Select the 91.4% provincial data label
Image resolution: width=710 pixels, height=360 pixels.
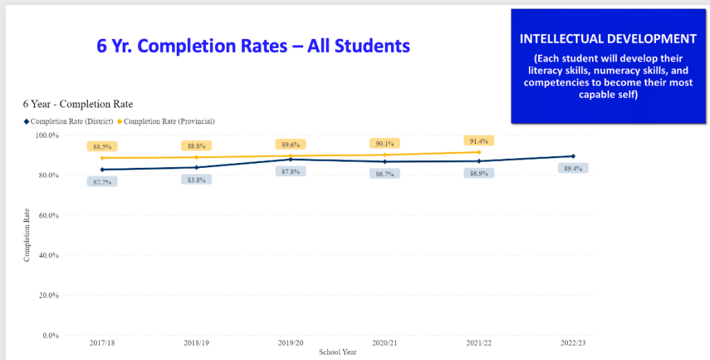[x=479, y=141]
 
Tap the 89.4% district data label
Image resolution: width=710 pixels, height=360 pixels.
[x=573, y=169]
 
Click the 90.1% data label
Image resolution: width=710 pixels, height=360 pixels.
[x=384, y=144]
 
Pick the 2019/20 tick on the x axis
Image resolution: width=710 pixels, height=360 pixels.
[x=291, y=343]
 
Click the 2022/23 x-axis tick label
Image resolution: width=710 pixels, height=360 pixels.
[x=573, y=343]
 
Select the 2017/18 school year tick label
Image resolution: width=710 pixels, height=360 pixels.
[x=103, y=343]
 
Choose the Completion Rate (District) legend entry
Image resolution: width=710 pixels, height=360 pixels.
[x=67, y=121]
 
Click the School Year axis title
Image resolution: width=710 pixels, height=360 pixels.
[x=338, y=352]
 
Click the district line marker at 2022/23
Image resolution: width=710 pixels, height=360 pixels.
[x=573, y=156]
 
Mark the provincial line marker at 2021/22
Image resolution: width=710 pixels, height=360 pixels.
[x=479, y=152]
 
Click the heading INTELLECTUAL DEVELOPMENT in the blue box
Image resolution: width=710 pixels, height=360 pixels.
[x=608, y=39]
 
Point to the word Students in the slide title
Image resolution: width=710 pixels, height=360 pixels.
[x=372, y=46]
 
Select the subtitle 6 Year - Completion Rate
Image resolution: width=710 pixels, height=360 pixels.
[x=78, y=104]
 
